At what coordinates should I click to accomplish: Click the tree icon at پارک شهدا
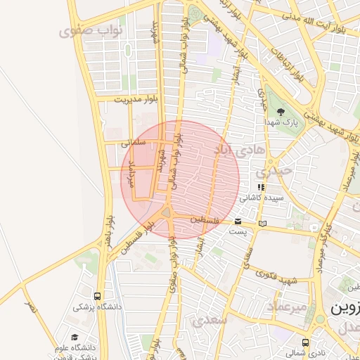281,112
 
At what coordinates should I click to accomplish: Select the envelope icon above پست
238,222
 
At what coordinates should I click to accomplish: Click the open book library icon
262,224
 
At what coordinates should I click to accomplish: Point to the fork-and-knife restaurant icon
260,188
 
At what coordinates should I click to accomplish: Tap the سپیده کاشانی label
261,198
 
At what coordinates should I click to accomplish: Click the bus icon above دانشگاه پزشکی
97,296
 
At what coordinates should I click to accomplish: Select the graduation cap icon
75,337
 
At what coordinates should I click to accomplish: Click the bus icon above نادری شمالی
304,342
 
